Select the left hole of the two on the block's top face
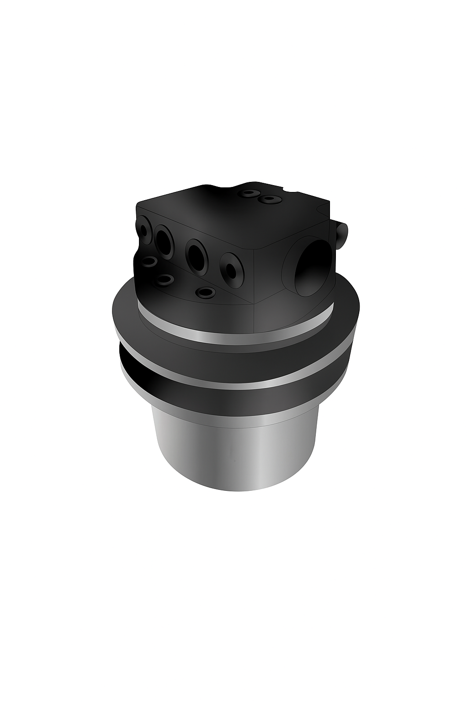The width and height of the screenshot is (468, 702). point(248,193)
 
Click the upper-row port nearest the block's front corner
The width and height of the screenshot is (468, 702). point(231,272)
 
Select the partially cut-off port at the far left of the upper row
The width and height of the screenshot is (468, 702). point(144,229)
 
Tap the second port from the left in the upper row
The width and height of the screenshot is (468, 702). point(163,240)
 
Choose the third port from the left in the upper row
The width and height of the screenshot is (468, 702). point(195,254)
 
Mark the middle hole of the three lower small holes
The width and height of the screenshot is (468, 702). point(165,279)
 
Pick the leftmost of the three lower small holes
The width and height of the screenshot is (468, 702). point(149,262)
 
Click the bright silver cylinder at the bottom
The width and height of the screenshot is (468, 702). point(233,457)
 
